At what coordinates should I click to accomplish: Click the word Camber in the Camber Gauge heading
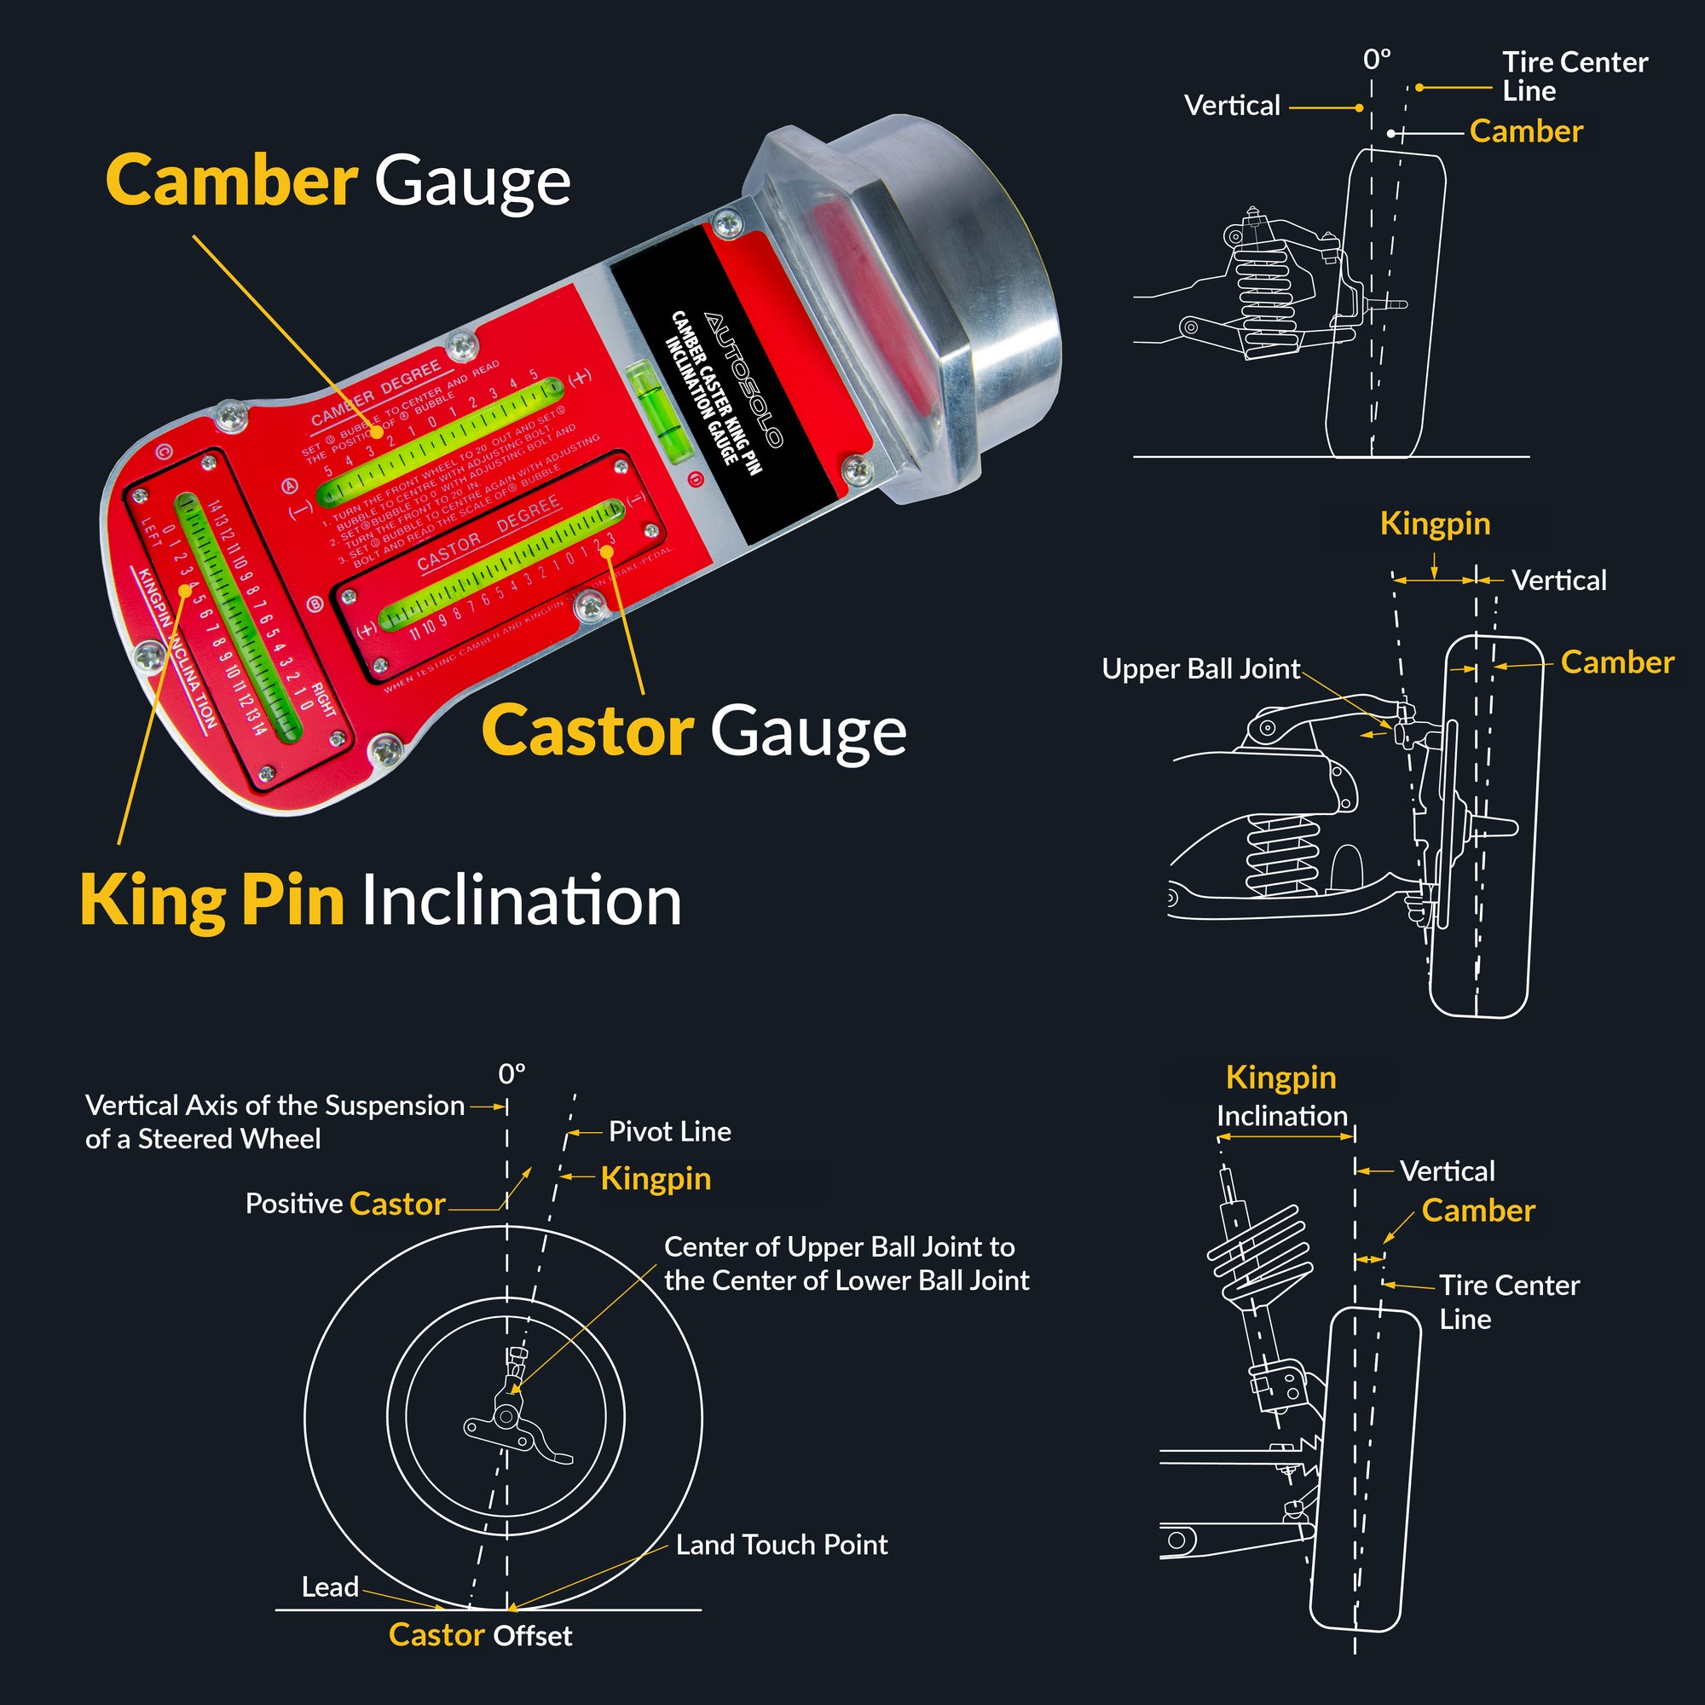tap(231, 180)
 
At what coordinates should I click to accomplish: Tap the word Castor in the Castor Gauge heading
tap(587, 731)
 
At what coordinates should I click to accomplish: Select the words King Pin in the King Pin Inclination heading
tap(211, 900)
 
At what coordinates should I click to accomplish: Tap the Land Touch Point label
tap(781, 1544)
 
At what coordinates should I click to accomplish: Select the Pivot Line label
tap(669, 1131)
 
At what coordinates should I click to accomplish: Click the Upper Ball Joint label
tap(1200, 669)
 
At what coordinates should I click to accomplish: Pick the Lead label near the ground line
tap(330, 1586)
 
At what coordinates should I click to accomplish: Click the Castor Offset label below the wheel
tap(480, 1634)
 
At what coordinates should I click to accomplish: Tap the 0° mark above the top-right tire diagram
tap(1377, 60)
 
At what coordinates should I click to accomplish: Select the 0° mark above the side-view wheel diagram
tap(511, 1074)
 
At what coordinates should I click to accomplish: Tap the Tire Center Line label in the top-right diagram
tap(1574, 76)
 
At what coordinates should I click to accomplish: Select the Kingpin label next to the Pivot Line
tap(655, 1179)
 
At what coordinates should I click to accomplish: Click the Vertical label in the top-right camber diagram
tap(1232, 106)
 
